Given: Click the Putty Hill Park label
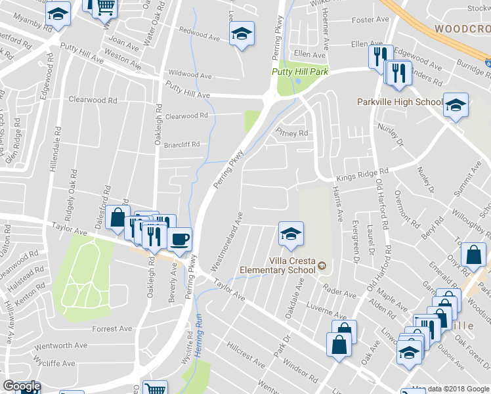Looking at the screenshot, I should [x=300, y=72].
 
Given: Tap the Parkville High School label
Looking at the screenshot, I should [x=400, y=102].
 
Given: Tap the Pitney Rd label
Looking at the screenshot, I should [x=293, y=133].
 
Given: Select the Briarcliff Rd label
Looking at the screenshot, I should [x=181, y=145].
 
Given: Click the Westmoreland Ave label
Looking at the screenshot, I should [x=227, y=242].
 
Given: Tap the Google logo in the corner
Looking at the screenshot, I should [x=22, y=386].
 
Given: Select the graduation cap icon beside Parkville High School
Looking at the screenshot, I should [x=455, y=104].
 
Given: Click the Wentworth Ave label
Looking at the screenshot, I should [x=62, y=345].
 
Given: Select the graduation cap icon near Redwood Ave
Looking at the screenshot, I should [x=242, y=34].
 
